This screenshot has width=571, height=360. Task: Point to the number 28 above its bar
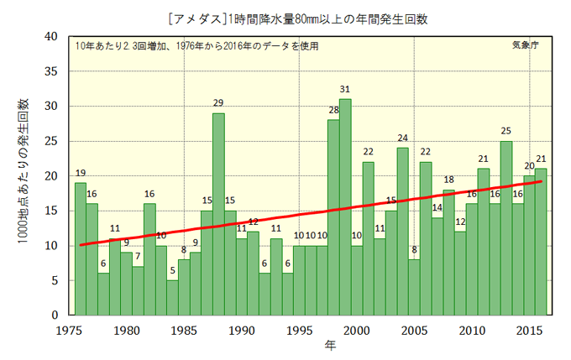(x=333, y=110)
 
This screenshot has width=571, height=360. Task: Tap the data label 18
(x=448, y=180)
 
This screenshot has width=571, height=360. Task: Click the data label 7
(x=138, y=256)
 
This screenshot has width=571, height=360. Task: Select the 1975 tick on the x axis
(x=69, y=330)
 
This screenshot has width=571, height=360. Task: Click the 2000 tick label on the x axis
(x=357, y=330)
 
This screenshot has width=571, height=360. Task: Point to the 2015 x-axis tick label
(x=530, y=330)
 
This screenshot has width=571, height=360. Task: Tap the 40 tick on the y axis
(x=51, y=36)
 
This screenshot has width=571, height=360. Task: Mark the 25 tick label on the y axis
(x=51, y=141)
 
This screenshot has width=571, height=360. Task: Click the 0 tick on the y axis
(x=55, y=316)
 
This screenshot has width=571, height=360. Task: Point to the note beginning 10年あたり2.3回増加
(x=196, y=46)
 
